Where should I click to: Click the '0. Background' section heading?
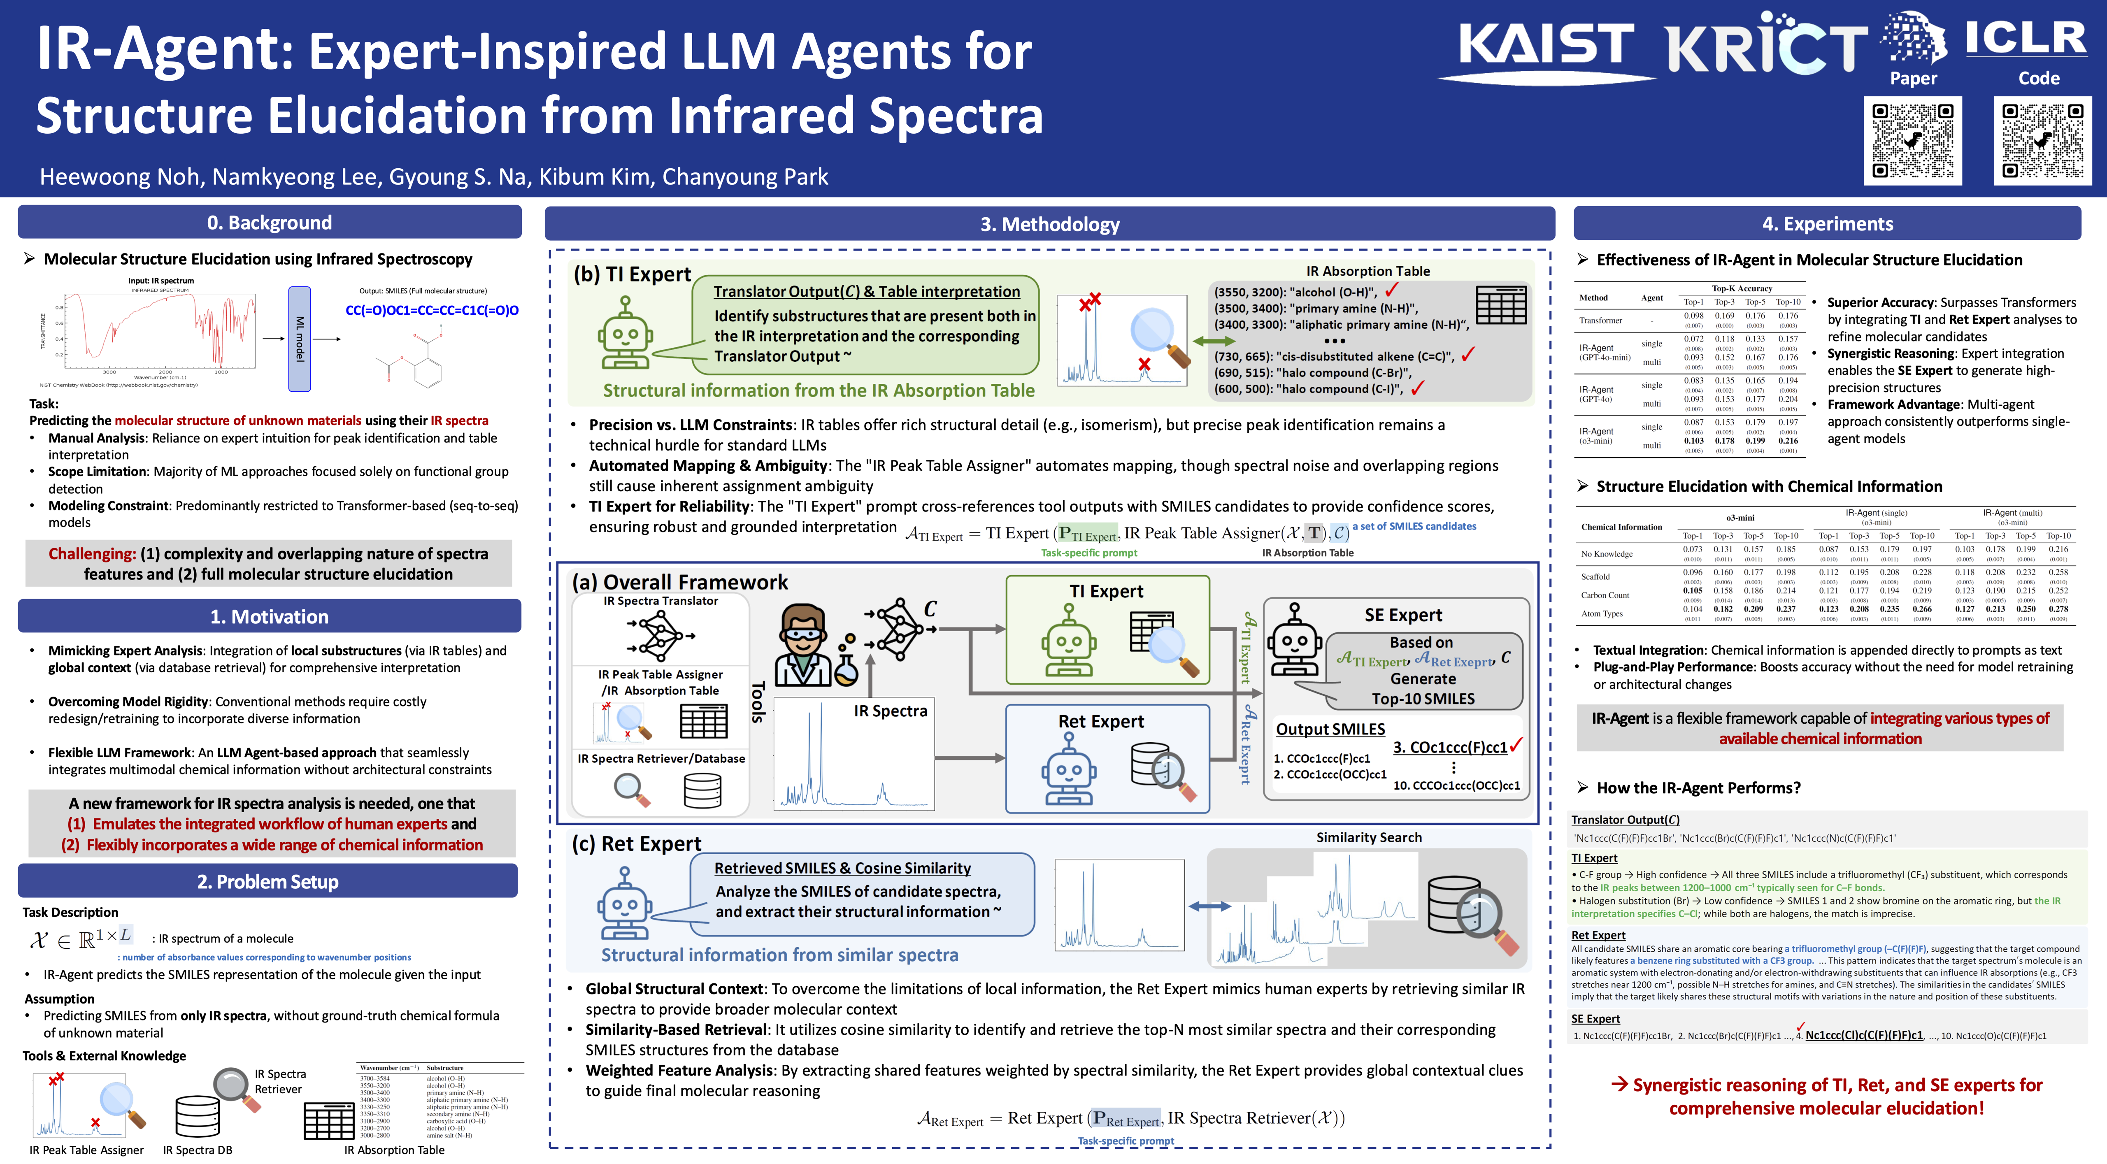269,223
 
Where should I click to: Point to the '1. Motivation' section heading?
269,617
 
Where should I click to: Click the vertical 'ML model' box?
299,339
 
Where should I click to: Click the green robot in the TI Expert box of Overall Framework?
1068,642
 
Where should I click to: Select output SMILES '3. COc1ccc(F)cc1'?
1449,748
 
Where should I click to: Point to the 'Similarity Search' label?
1368,838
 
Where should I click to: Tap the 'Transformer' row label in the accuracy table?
1601,321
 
